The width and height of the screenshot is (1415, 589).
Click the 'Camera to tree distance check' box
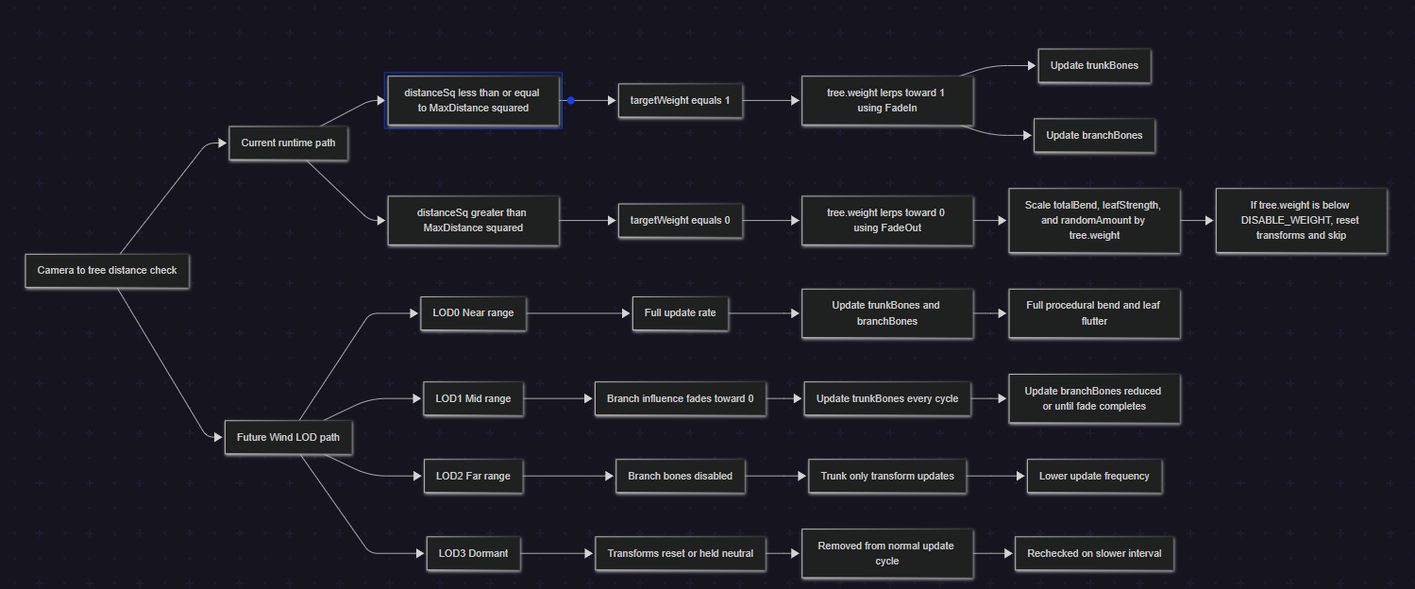(x=107, y=271)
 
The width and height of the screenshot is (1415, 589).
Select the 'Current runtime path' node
(x=288, y=143)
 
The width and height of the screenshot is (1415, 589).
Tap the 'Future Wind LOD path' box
(x=288, y=437)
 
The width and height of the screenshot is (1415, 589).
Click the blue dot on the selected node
(x=570, y=100)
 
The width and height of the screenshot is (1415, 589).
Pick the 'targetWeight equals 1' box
(x=680, y=100)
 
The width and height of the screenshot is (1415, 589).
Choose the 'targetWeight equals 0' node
(x=680, y=221)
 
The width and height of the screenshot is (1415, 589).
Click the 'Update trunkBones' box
(x=1094, y=66)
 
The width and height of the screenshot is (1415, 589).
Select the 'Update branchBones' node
(x=1094, y=135)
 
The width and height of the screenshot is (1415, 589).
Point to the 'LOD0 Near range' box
(x=473, y=312)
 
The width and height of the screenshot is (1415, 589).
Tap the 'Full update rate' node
(x=681, y=312)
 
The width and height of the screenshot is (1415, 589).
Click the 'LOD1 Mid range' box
(x=473, y=398)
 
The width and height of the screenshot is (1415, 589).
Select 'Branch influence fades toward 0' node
(x=681, y=398)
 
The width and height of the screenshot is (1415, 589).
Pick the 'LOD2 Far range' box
(x=473, y=476)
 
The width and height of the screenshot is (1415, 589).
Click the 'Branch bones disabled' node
(x=681, y=476)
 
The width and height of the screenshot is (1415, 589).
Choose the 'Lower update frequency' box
(x=1094, y=476)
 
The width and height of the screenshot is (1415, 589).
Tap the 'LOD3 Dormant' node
(x=473, y=554)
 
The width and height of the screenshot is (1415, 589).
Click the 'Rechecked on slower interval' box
(x=1094, y=554)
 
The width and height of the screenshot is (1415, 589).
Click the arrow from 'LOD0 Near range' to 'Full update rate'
(x=578, y=312)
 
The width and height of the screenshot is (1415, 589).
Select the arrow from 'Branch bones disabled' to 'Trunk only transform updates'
(x=776, y=476)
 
